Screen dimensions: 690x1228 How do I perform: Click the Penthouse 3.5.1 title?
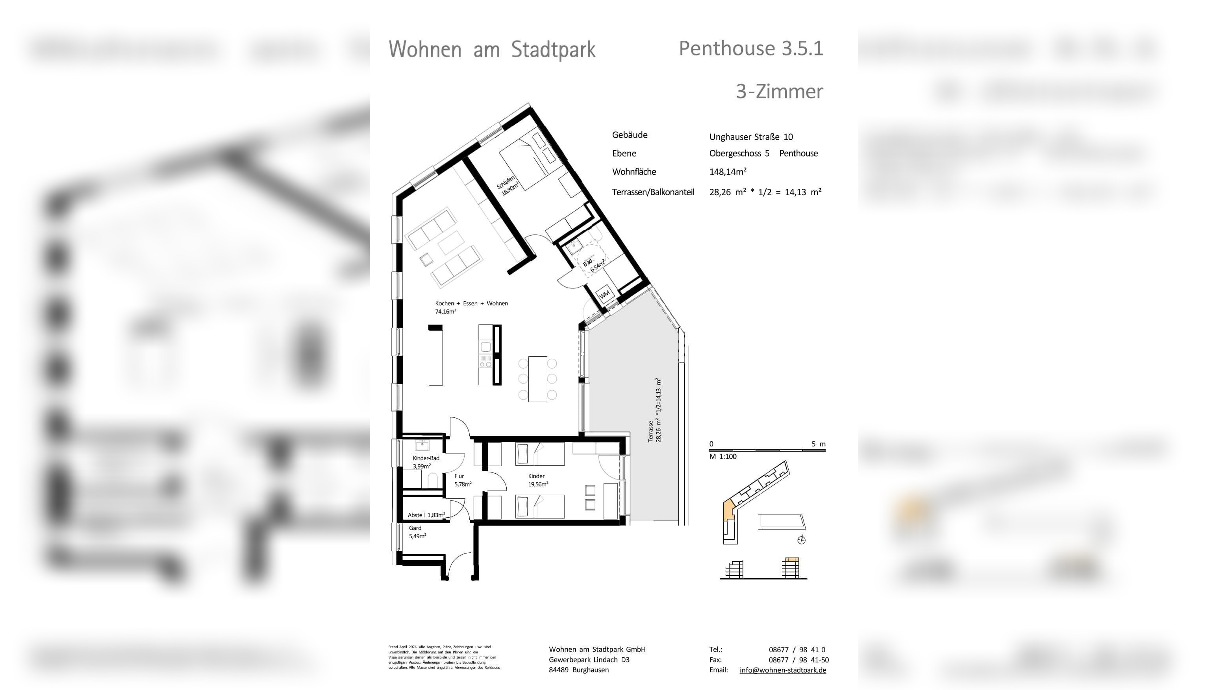tap(751, 48)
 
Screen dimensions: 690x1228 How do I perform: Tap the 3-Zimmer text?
tap(780, 91)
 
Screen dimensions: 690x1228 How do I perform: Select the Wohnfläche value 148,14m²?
tap(728, 172)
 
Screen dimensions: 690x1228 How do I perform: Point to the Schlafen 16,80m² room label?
tap(507, 186)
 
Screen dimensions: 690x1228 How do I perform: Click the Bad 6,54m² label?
tap(593, 265)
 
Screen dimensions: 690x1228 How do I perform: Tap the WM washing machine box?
tap(604, 294)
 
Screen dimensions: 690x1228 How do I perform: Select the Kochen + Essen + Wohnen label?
tap(471, 303)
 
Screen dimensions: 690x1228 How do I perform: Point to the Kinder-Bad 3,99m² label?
tap(426, 462)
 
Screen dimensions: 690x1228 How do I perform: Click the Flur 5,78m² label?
tap(462, 480)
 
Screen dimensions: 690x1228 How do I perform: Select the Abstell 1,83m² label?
tap(426, 515)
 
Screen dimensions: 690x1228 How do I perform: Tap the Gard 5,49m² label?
tap(417, 532)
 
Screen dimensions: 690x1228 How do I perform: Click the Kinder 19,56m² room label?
tap(538, 480)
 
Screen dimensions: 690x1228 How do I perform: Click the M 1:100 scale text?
tap(723, 457)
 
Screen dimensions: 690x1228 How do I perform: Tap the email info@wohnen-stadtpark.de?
tap(783, 670)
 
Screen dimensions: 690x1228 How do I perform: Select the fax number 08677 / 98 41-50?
tap(798, 660)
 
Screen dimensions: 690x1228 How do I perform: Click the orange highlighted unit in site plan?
tap(728, 511)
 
